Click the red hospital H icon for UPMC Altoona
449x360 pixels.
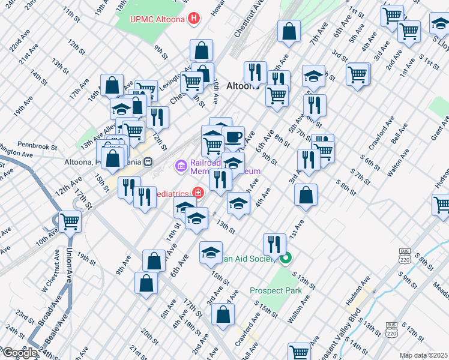(193, 18)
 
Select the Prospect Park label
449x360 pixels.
(276, 291)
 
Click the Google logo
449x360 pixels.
(20, 353)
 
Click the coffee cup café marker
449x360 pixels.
(233, 136)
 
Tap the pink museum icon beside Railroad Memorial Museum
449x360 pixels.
(181, 164)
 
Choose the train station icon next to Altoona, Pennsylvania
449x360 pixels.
(147, 162)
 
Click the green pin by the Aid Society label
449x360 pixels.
(286, 259)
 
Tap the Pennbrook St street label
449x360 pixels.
(37, 146)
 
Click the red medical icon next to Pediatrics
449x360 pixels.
(198, 193)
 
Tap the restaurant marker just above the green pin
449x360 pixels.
(274, 244)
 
